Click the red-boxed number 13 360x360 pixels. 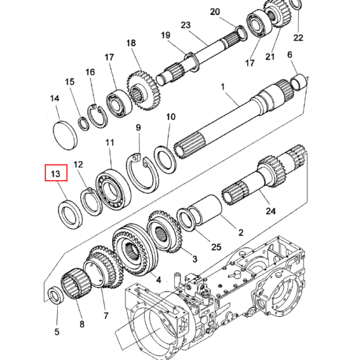[x=56, y=173]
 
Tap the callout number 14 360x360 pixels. [x=55, y=98]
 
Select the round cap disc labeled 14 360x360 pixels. [x=65, y=136]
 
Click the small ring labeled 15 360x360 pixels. [x=84, y=124]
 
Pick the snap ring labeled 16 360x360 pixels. [x=97, y=116]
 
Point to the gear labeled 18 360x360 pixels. [x=143, y=90]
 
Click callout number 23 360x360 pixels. [x=185, y=25]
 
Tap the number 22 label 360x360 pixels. [x=298, y=37]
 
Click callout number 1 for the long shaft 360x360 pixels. [x=223, y=87]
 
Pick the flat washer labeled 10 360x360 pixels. [x=165, y=160]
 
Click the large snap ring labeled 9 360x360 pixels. [x=142, y=173]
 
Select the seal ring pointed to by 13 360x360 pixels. [x=70, y=215]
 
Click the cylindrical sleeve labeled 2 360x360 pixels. [x=205, y=210]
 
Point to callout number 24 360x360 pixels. [x=271, y=211]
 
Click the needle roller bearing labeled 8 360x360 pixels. [x=76, y=284]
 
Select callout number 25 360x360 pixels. [x=216, y=247]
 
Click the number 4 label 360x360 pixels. [x=158, y=280]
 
